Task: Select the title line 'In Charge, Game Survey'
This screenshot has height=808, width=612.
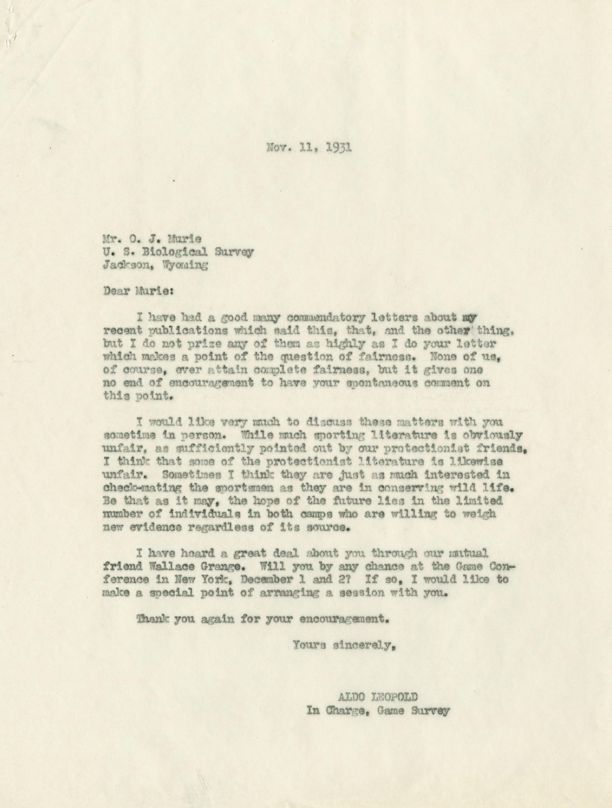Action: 378,711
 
